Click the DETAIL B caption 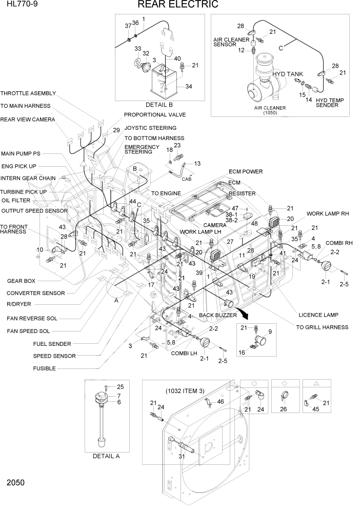tap(160, 105)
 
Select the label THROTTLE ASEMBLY tap(28, 94)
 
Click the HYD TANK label tap(288, 74)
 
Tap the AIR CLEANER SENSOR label tap(231, 42)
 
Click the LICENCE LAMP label tap(318, 315)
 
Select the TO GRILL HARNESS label tap(322, 327)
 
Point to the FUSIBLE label tap(45, 368)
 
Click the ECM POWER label tap(246, 171)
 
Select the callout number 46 tap(220, 402)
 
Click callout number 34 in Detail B tap(189, 87)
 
